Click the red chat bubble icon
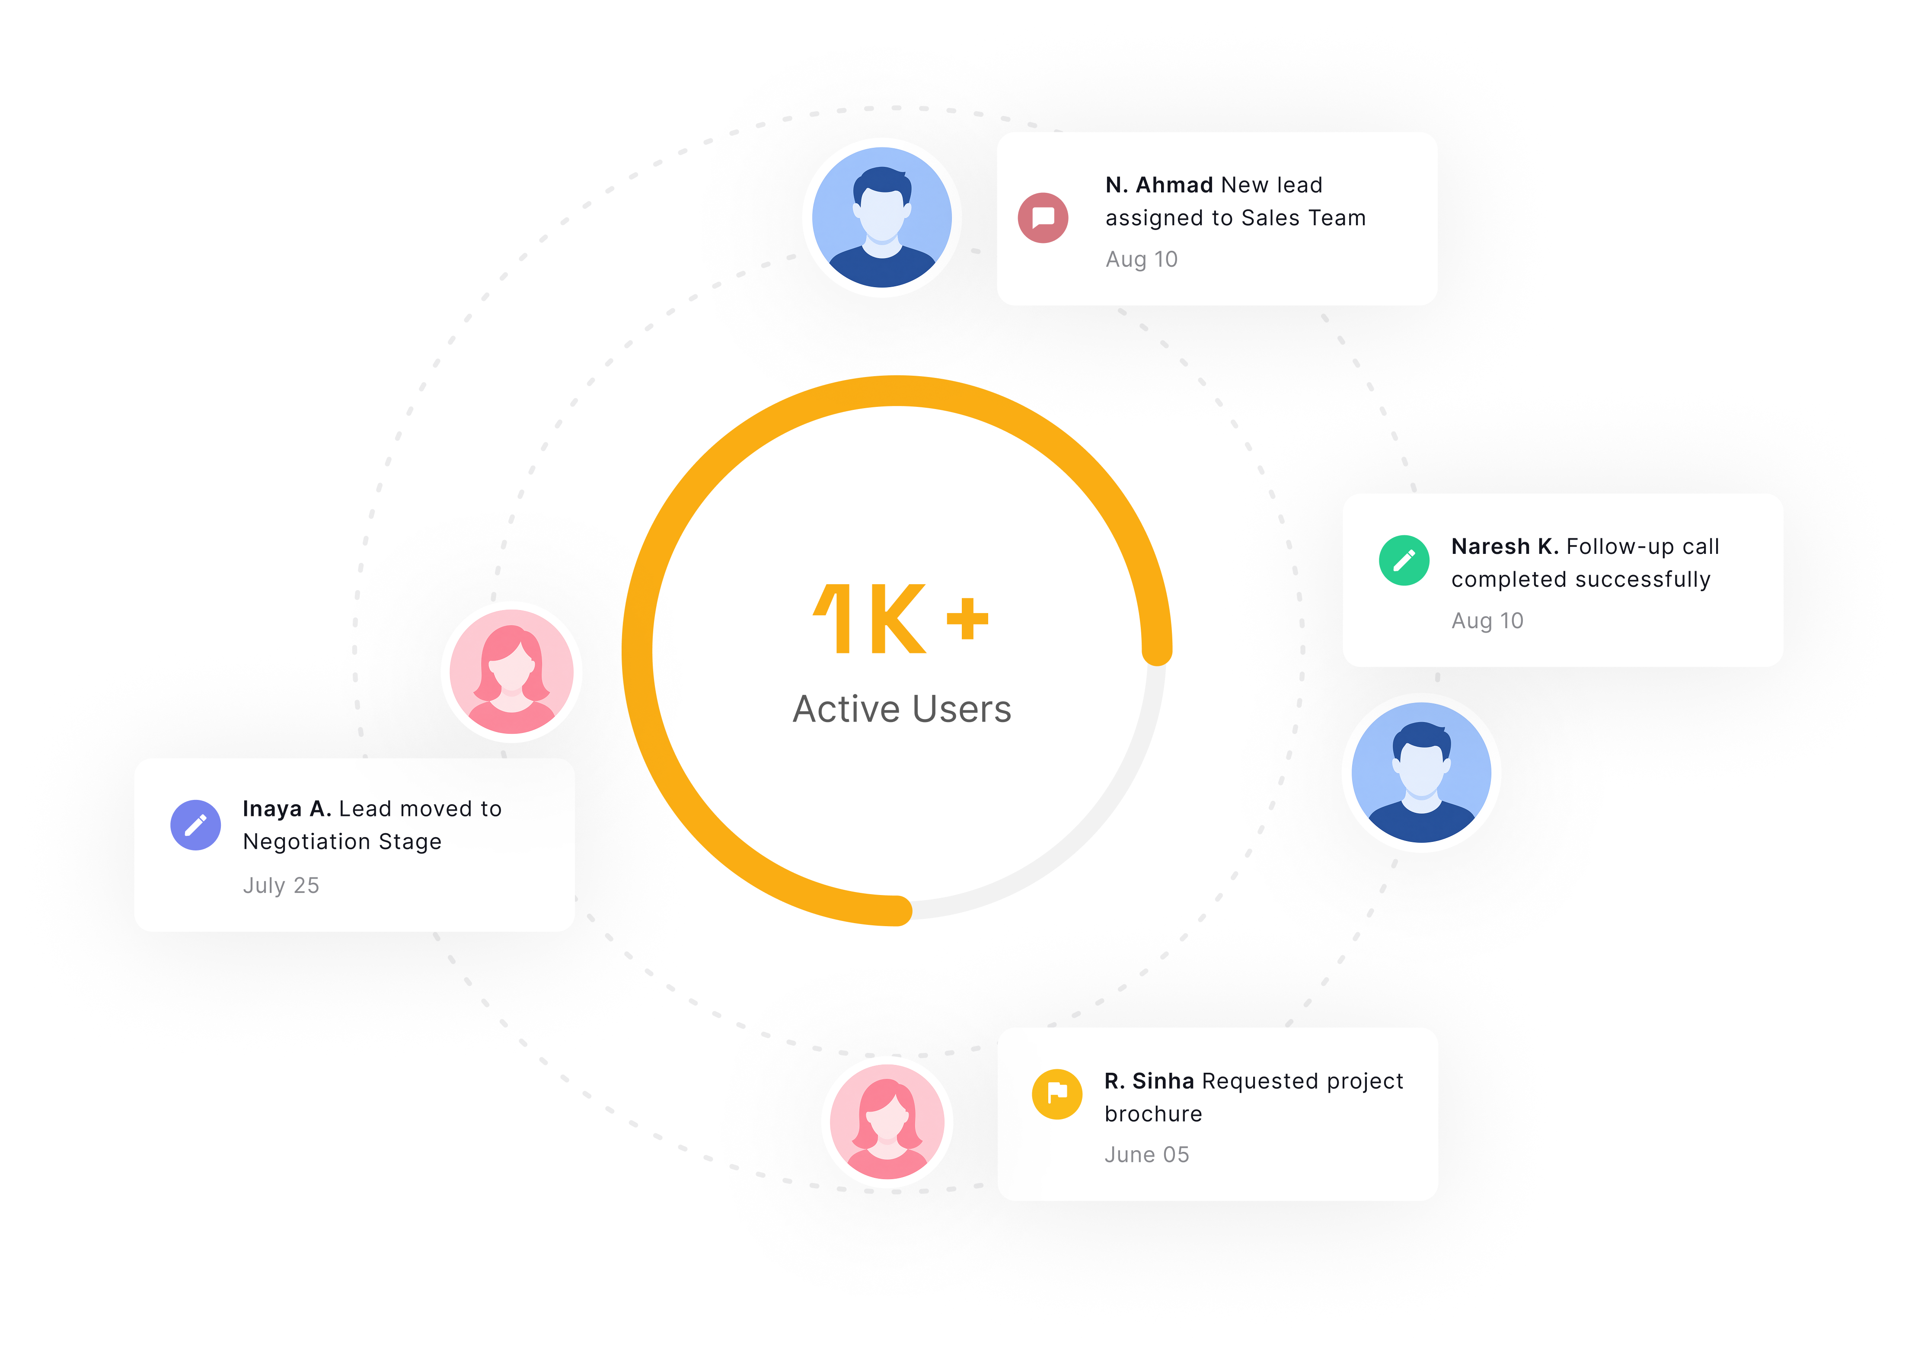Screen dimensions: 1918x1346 coord(1043,218)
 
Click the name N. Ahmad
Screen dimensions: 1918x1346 coord(1158,185)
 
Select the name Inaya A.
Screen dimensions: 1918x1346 coord(287,809)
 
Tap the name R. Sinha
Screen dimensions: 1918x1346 coord(1149,1081)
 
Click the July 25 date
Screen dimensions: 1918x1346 coord(281,886)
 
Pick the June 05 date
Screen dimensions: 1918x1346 coord(1146,1154)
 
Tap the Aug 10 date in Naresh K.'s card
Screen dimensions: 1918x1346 coord(1487,621)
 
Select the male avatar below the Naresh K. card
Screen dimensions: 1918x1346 coord(1421,772)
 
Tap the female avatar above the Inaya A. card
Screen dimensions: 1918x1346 coord(511,672)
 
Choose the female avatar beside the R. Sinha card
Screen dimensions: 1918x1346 coord(887,1121)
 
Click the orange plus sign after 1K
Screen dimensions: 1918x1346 coord(967,618)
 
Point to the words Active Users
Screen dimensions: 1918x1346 coord(902,710)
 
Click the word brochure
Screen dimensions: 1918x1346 coord(1153,1114)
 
